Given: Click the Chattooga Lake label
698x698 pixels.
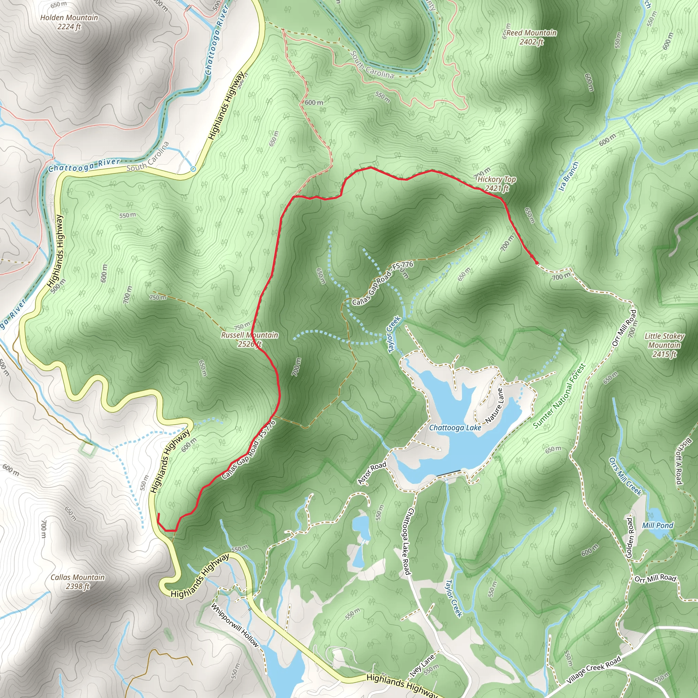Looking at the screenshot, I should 455,428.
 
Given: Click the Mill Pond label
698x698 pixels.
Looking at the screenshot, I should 657,526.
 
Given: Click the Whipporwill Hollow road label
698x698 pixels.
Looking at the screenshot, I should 235,625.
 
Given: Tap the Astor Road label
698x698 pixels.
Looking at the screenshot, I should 372,473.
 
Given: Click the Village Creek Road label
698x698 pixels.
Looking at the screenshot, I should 594,670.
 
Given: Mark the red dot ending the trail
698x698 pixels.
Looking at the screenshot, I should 536,263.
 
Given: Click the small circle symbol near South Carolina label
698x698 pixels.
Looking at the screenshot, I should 193,169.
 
